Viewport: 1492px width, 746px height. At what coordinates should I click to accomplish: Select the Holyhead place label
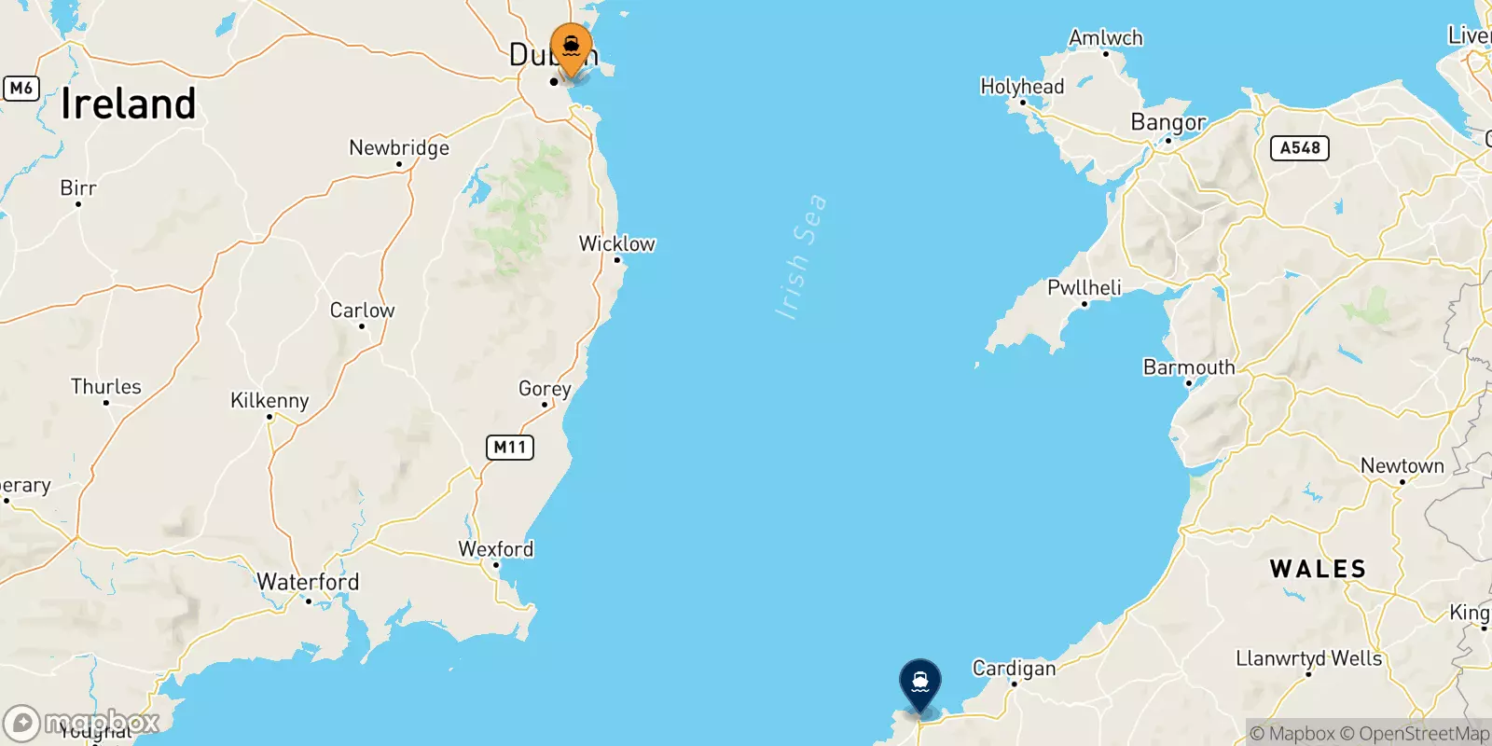pyautogui.click(x=1022, y=87)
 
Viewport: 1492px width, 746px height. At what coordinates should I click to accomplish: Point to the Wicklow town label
pyautogui.click(x=616, y=243)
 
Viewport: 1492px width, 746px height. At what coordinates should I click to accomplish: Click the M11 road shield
pyautogui.click(x=509, y=448)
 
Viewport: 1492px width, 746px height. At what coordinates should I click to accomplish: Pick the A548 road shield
pyautogui.click(x=1300, y=148)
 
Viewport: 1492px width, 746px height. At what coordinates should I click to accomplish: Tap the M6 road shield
pyautogui.click(x=21, y=89)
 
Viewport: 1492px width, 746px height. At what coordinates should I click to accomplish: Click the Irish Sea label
pyautogui.click(x=801, y=256)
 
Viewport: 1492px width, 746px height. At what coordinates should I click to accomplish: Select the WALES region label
pyautogui.click(x=1318, y=569)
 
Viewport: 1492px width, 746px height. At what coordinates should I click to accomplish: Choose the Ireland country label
pyautogui.click(x=129, y=104)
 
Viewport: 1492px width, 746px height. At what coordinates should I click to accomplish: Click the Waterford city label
pyautogui.click(x=308, y=582)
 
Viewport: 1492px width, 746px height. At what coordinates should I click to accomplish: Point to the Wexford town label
pyautogui.click(x=496, y=549)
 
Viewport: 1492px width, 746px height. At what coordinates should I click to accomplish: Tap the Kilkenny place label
pyautogui.click(x=269, y=400)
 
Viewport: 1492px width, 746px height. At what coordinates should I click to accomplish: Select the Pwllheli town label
pyautogui.click(x=1084, y=287)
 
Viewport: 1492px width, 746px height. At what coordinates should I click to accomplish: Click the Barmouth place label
pyautogui.click(x=1189, y=367)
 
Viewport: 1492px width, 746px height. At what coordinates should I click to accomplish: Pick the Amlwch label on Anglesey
pyautogui.click(x=1106, y=38)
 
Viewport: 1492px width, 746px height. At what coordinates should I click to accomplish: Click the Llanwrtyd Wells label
pyautogui.click(x=1308, y=658)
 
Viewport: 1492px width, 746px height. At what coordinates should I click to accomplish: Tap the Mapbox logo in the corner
pyautogui.click(x=82, y=723)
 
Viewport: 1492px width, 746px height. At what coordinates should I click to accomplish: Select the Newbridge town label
pyautogui.click(x=399, y=147)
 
